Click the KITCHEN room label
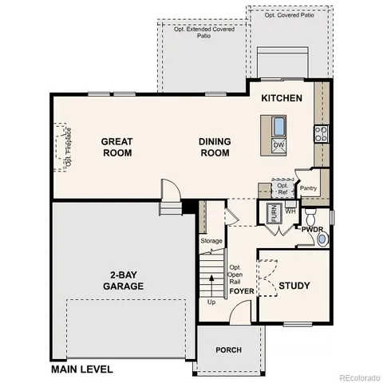coord(281,98)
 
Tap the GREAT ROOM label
coord(116,147)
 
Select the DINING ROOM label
coord(215,147)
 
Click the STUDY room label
coord(294,285)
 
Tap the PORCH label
coord(228,350)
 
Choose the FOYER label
coord(242,291)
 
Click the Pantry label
coord(308,188)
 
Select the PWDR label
coord(312,229)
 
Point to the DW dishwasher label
coord(278,144)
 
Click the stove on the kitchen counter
coord(320,133)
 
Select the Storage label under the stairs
coord(211,240)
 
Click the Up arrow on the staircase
coord(211,287)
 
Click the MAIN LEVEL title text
coord(81,369)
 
